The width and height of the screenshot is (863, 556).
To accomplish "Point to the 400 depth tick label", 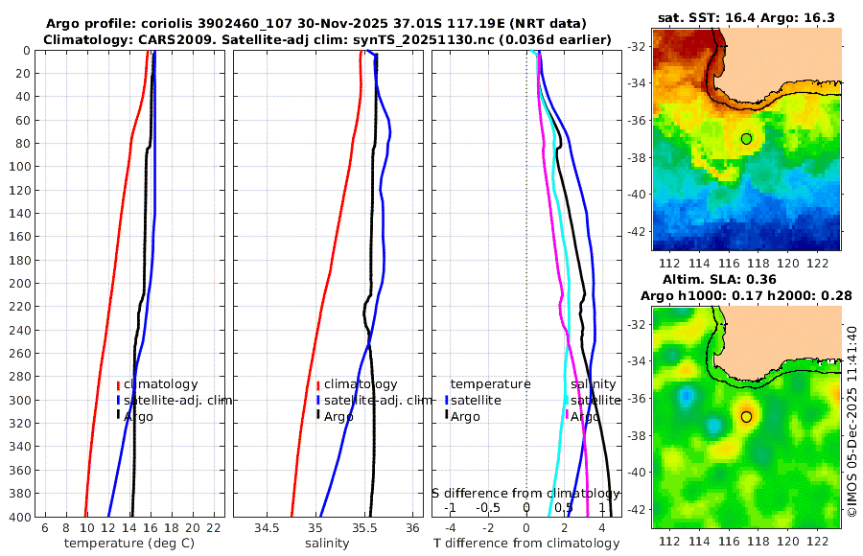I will pyautogui.click(x=20, y=517).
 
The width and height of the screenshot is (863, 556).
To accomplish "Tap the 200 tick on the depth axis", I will pyautogui.click(x=20, y=284).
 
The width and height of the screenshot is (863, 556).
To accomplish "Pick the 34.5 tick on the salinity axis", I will pyautogui.click(x=268, y=528).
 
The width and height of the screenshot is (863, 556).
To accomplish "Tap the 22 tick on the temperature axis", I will pyautogui.click(x=214, y=528).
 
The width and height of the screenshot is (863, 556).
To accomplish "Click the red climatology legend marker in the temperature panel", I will pyautogui.click(x=118, y=384).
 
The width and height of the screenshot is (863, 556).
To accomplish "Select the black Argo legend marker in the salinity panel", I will pyautogui.click(x=317, y=416).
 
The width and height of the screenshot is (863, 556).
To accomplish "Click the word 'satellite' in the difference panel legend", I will pyautogui.click(x=476, y=400).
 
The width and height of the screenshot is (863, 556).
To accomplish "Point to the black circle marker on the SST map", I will pyautogui.click(x=747, y=139).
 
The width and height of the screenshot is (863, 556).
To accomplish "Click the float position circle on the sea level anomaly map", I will pyautogui.click(x=747, y=417).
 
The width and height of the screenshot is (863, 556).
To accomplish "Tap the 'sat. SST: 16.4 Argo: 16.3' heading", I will pyautogui.click(x=746, y=17).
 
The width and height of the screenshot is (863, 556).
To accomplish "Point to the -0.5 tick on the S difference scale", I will pyautogui.click(x=489, y=507).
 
